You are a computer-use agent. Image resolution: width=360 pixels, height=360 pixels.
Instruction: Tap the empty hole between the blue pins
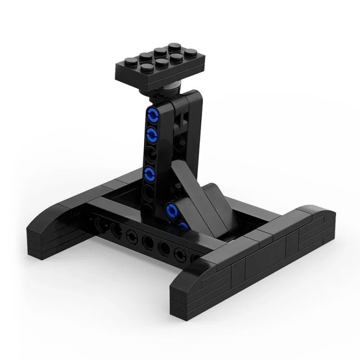pos(153,152)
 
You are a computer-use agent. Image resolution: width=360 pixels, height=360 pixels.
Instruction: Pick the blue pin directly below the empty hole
pos(152,174)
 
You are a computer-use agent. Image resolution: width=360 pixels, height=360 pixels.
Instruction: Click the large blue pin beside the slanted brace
pos(173,209)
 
